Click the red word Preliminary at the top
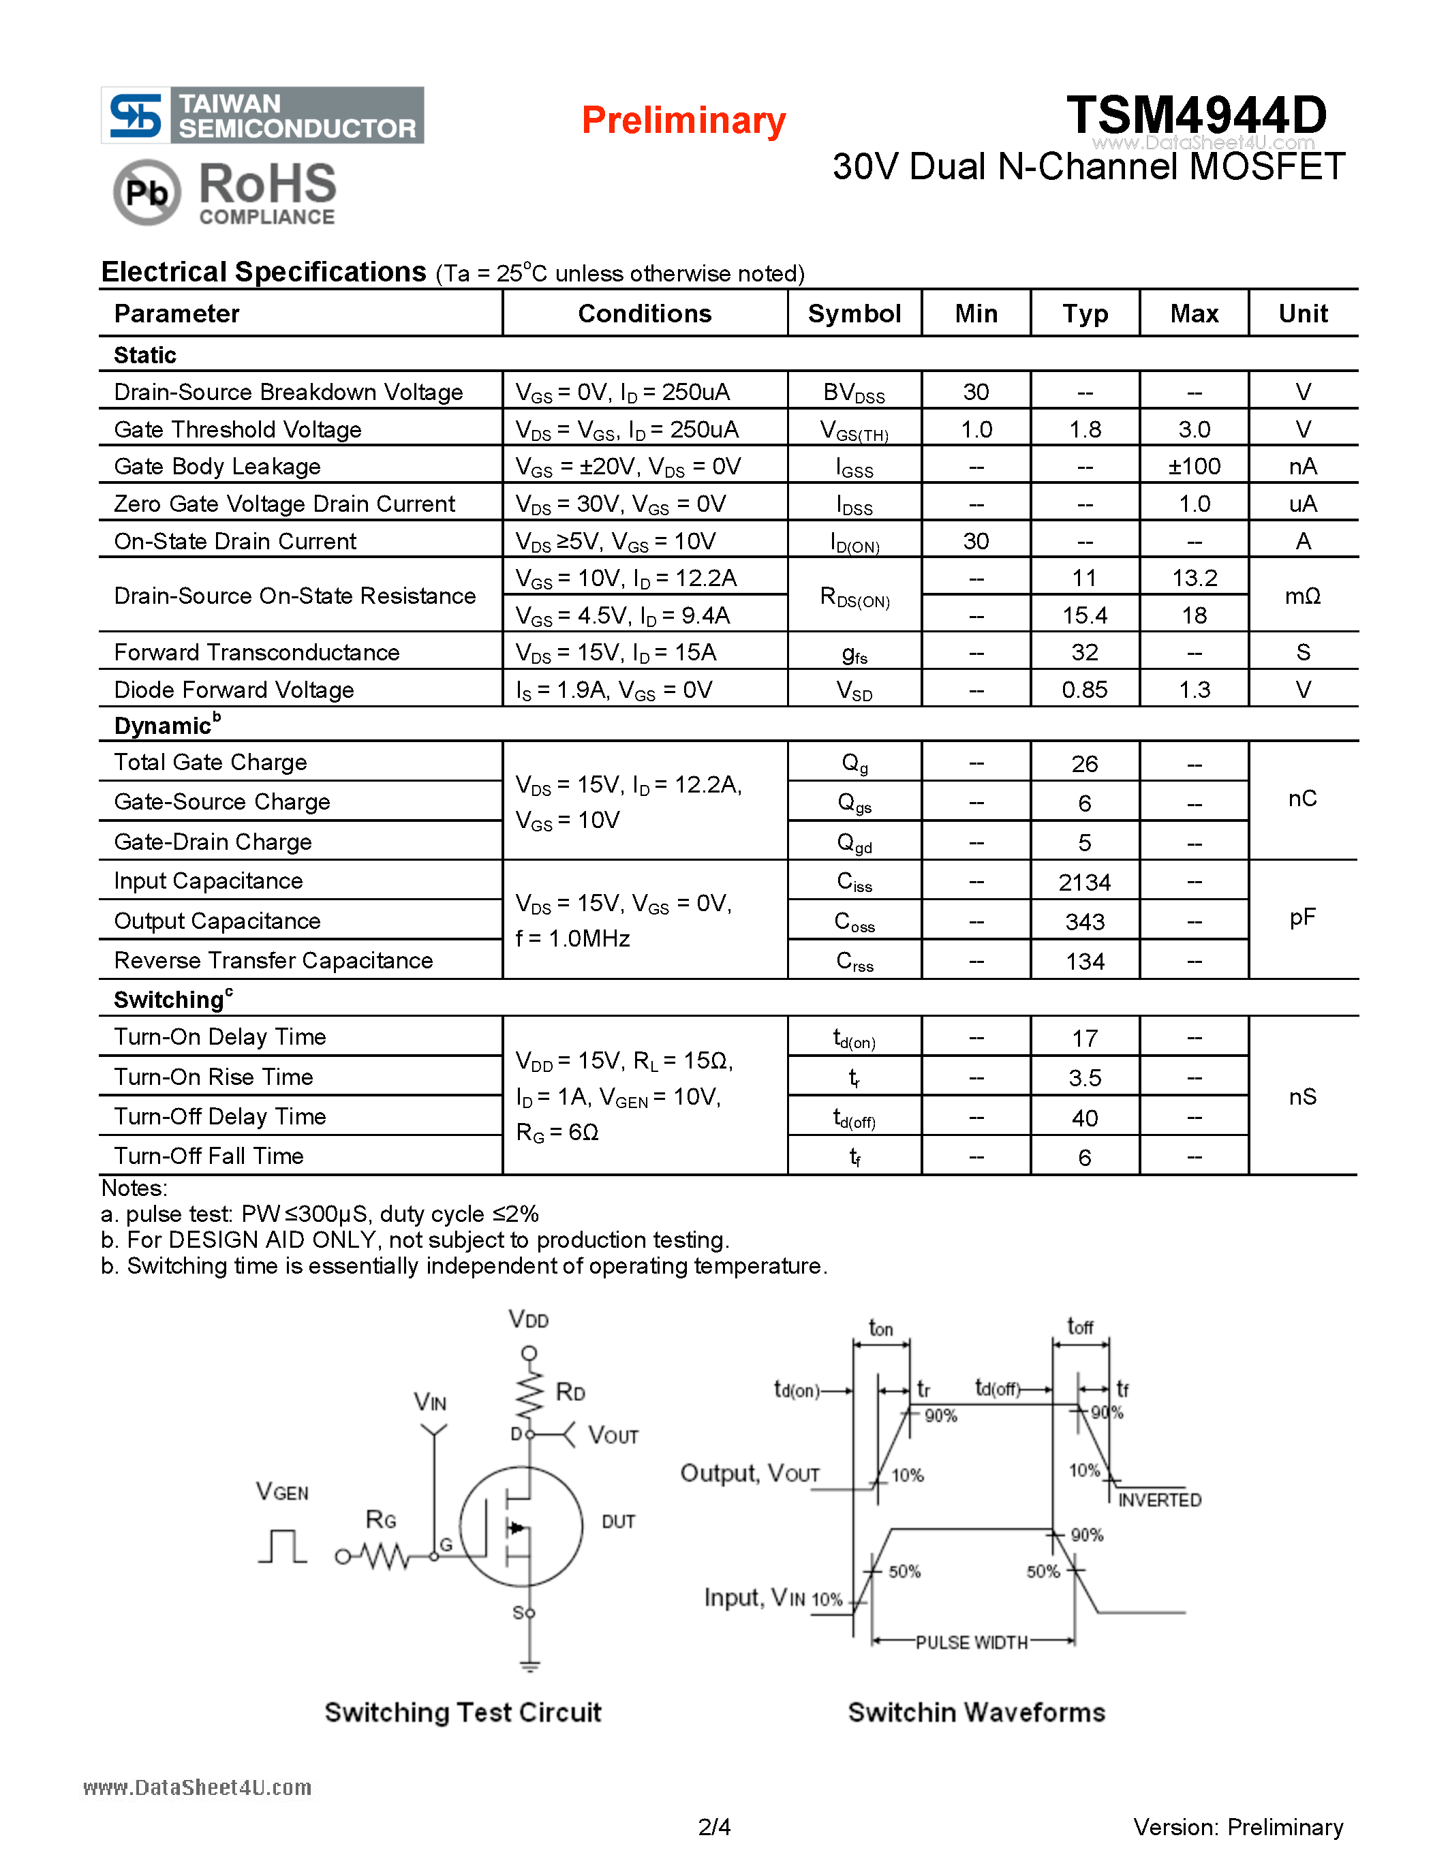683,120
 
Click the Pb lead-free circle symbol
147,192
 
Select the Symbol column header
854,314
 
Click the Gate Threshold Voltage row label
238,429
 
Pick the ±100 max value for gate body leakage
1194,467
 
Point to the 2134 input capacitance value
1084,882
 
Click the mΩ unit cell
1302,596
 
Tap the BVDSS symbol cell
854,393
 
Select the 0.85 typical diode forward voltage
1084,690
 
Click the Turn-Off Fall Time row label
209,1156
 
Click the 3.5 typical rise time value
1084,1078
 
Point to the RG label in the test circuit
380,1520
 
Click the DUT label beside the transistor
617,1521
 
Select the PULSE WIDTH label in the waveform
971,1642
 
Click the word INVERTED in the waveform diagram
1159,1500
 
